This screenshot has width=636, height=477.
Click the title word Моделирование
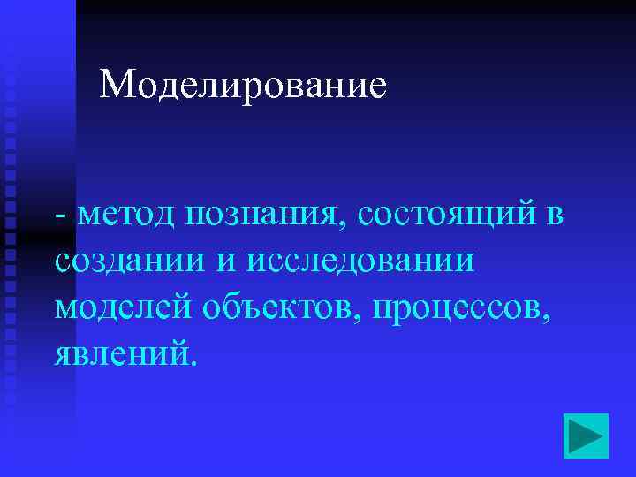point(243,85)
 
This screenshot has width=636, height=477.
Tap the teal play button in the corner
point(586,435)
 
